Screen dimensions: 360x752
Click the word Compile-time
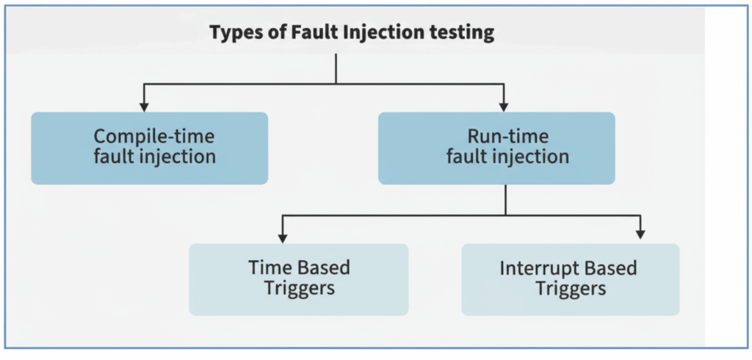pyautogui.click(x=149, y=137)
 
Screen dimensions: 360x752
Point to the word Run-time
pyautogui.click(x=497, y=137)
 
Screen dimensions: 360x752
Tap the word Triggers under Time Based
pyautogui.click(x=299, y=287)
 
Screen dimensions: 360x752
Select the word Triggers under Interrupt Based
pyautogui.click(x=571, y=287)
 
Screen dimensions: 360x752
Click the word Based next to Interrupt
pyautogui.click(x=613, y=267)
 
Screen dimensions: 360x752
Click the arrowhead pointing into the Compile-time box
pyautogui.click(x=145, y=107)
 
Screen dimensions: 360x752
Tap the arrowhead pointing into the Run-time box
pyautogui.click(x=504, y=107)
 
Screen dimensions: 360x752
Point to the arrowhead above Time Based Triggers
pyautogui.click(x=283, y=237)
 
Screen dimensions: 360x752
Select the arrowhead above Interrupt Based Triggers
pyautogui.click(x=640, y=234)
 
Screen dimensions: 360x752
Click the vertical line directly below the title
pyautogui.click(x=336, y=68)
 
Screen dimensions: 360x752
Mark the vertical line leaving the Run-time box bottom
pyautogui.click(x=506, y=199)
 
